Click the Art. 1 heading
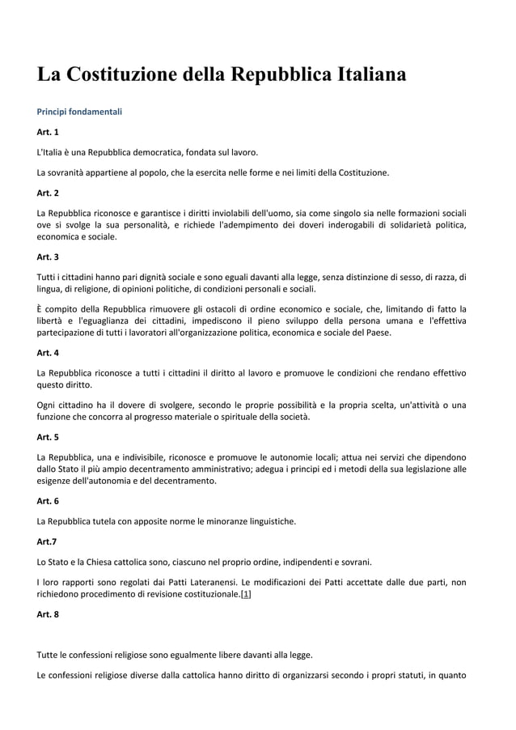coord(48,131)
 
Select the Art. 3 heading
coord(48,257)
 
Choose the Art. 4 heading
coord(48,353)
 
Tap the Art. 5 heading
coord(48,437)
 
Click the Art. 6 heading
coord(48,500)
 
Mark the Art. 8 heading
coord(48,614)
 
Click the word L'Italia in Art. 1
coord(52,151)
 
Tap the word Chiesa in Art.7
coord(97,562)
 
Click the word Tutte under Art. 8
coord(49,655)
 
